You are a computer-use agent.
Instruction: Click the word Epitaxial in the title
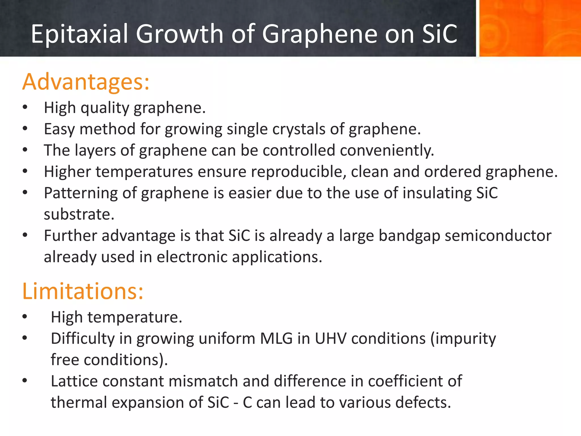(x=80, y=34)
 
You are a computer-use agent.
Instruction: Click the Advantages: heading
(x=86, y=82)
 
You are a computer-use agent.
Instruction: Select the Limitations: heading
(x=83, y=291)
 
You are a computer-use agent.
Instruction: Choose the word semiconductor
(x=498, y=236)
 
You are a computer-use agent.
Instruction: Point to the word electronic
(x=192, y=257)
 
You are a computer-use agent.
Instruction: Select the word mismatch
(x=203, y=381)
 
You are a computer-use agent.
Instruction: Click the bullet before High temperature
(x=25, y=317)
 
